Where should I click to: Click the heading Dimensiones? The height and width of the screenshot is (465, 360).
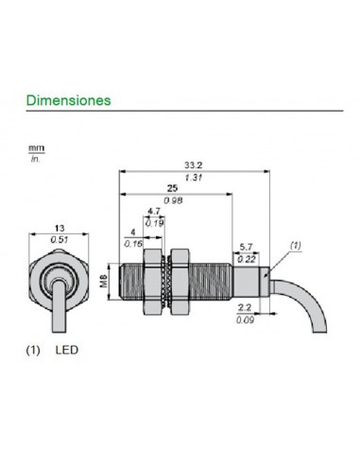click(x=68, y=99)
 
